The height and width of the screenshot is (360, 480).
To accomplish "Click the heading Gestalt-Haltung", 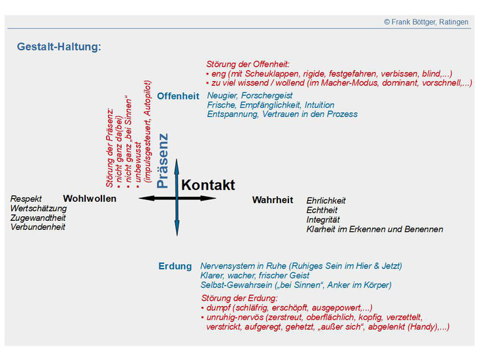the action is pos(59,47).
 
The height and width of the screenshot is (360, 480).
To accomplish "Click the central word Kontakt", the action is pos(208,185).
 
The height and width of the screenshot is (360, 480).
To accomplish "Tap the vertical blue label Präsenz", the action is pos(163,161).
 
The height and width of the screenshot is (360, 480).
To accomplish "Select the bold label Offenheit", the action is pos(178,96).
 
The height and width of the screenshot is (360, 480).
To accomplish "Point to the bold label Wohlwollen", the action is pos(90,199).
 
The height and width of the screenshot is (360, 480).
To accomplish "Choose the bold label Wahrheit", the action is pos(273,200).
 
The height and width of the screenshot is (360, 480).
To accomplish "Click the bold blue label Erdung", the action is pos(175,266).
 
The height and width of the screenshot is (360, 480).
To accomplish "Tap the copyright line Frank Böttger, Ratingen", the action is pos(426,22).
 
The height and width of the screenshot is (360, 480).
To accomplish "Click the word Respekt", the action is pos(26,199).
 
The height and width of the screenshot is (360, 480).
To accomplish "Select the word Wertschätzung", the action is pos(39,208).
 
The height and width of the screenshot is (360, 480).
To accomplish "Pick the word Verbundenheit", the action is pos(38,227).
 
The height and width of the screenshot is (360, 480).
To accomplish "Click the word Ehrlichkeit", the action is pos(326,201).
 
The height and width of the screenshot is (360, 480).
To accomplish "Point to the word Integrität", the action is pos(323,220).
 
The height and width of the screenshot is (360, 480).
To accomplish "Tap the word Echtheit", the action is pos(322,210).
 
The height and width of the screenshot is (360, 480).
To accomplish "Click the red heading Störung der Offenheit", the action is pos(248,64).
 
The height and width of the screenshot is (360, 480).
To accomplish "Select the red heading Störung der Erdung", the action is pos(239,298).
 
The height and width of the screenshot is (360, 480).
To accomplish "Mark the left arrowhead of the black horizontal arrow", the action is pos(144,198).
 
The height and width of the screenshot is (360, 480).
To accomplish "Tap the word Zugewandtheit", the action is pos(39,218).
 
